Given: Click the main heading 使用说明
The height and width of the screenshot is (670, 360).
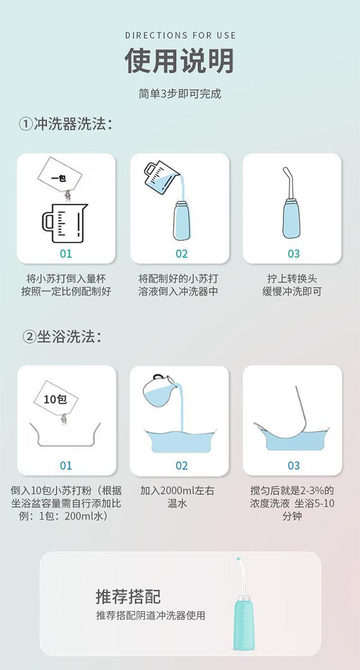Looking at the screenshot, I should click(x=179, y=61).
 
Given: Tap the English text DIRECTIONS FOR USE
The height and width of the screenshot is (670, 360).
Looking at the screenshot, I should click(x=181, y=35).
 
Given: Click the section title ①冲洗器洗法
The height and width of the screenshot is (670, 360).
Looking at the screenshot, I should click(x=66, y=124).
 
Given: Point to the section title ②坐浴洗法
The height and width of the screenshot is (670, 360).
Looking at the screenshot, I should click(x=62, y=336).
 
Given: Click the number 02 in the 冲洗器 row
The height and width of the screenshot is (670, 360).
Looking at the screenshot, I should click(x=181, y=254).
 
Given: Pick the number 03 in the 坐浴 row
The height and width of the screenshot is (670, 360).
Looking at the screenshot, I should click(x=294, y=466).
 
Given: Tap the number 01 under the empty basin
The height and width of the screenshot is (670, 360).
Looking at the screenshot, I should click(x=66, y=466).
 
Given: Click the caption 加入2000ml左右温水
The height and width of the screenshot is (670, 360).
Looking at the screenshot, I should click(x=177, y=497).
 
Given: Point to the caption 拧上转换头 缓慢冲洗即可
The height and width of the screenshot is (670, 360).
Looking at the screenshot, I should click(x=292, y=285).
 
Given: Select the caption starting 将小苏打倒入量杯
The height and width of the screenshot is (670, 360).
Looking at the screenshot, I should click(x=66, y=285).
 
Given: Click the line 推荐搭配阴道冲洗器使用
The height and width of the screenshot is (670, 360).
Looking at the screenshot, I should click(x=151, y=615).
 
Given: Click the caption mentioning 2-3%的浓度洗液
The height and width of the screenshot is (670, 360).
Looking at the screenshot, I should click(x=292, y=503).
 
